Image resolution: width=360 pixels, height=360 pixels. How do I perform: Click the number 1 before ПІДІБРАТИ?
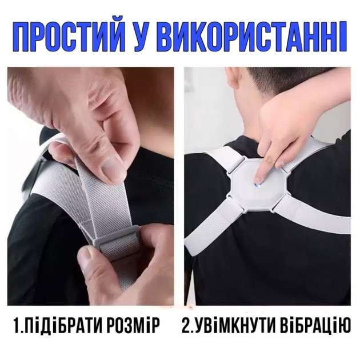click(17, 326)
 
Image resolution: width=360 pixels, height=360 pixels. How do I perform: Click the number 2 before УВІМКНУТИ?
click(187, 326)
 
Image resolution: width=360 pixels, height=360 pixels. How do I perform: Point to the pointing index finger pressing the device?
click(262, 166)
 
